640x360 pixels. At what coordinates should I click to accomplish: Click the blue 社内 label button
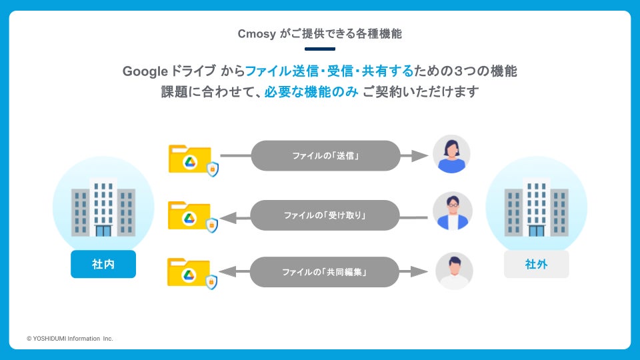[103, 264]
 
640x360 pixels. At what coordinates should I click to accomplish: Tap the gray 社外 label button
[537, 264]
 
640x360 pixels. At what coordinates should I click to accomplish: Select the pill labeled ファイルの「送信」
[325, 156]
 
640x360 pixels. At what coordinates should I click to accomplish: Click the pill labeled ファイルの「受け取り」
[325, 215]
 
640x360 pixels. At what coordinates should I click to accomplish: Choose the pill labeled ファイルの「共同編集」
[325, 272]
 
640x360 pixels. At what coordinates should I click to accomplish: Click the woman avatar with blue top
[451, 155]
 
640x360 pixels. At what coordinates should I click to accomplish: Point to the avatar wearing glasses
[453, 211]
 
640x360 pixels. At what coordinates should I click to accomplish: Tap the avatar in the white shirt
[454, 271]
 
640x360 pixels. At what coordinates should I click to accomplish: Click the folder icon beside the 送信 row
[191, 160]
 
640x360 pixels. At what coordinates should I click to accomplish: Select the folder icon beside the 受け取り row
[191, 216]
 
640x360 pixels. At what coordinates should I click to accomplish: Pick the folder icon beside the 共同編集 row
[191, 273]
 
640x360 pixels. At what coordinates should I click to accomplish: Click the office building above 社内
[103, 207]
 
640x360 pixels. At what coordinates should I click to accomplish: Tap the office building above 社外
[537, 207]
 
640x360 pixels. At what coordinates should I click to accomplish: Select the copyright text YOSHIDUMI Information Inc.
[70, 339]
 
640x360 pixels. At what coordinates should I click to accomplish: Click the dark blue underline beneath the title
[319, 49]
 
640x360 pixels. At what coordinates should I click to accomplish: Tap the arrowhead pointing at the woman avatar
[419, 155]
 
